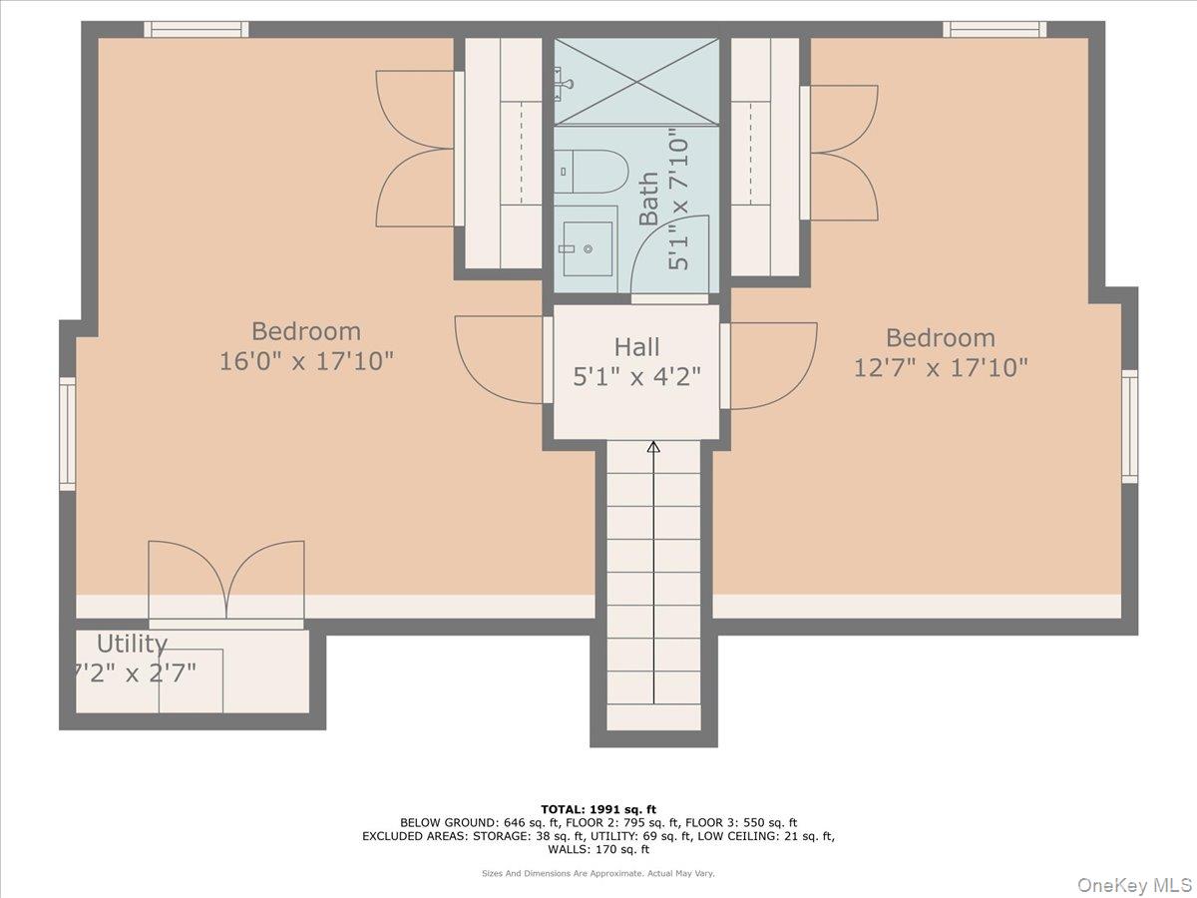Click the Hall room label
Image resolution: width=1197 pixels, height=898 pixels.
click(636, 347)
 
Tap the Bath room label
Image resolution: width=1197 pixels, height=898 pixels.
click(648, 199)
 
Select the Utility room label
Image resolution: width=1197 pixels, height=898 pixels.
click(132, 644)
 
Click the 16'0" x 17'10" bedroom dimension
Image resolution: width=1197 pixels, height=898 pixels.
click(306, 361)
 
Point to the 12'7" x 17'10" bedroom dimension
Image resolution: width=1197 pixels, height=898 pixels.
click(940, 368)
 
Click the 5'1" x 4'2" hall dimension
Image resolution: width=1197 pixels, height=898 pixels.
click(636, 377)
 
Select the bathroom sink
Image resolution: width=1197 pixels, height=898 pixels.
click(588, 242)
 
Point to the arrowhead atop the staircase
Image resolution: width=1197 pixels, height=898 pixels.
click(653, 447)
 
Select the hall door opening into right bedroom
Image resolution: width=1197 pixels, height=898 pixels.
click(771, 364)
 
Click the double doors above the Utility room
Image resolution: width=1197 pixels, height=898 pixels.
click(226, 582)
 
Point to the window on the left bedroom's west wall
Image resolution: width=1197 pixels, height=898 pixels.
click(68, 433)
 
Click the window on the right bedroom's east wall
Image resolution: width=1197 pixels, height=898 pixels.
click(1129, 426)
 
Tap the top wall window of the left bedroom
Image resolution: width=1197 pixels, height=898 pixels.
click(196, 30)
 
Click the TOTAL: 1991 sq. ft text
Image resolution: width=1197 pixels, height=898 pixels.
click(598, 809)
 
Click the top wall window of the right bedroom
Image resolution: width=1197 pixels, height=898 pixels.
click(995, 30)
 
